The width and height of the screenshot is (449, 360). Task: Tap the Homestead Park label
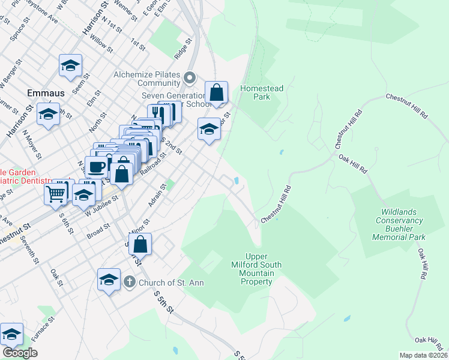[x=262, y=92]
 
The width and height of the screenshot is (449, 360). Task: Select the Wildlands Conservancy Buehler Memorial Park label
[x=399, y=224]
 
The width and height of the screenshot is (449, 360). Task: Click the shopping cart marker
[x=56, y=193]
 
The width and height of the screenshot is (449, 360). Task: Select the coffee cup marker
[x=96, y=167]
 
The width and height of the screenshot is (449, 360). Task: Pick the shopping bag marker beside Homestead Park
[x=216, y=93]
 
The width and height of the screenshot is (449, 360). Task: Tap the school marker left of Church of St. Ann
[x=109, y=280]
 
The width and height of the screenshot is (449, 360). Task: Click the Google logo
[x=20, y=353]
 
